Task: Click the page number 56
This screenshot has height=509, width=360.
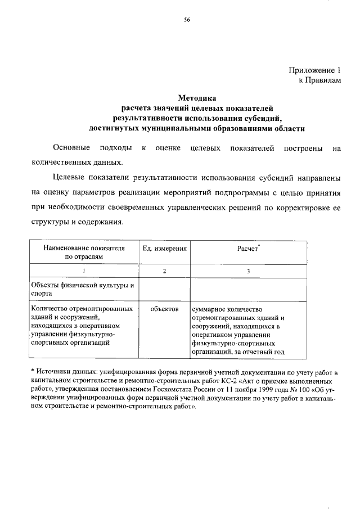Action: pos(187,20)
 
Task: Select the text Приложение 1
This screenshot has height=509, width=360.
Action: pos(316,71)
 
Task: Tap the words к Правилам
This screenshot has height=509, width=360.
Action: pos(319,81)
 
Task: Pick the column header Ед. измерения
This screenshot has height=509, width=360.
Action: pos(164,248)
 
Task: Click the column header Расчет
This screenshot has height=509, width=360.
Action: pos(248,248)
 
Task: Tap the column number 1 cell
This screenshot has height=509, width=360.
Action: pos(85,271)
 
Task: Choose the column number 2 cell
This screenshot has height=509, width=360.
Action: pos(164,271)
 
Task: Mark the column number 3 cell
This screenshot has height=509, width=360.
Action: pos(248,271)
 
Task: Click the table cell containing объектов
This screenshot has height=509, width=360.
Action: pos(164,309)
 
